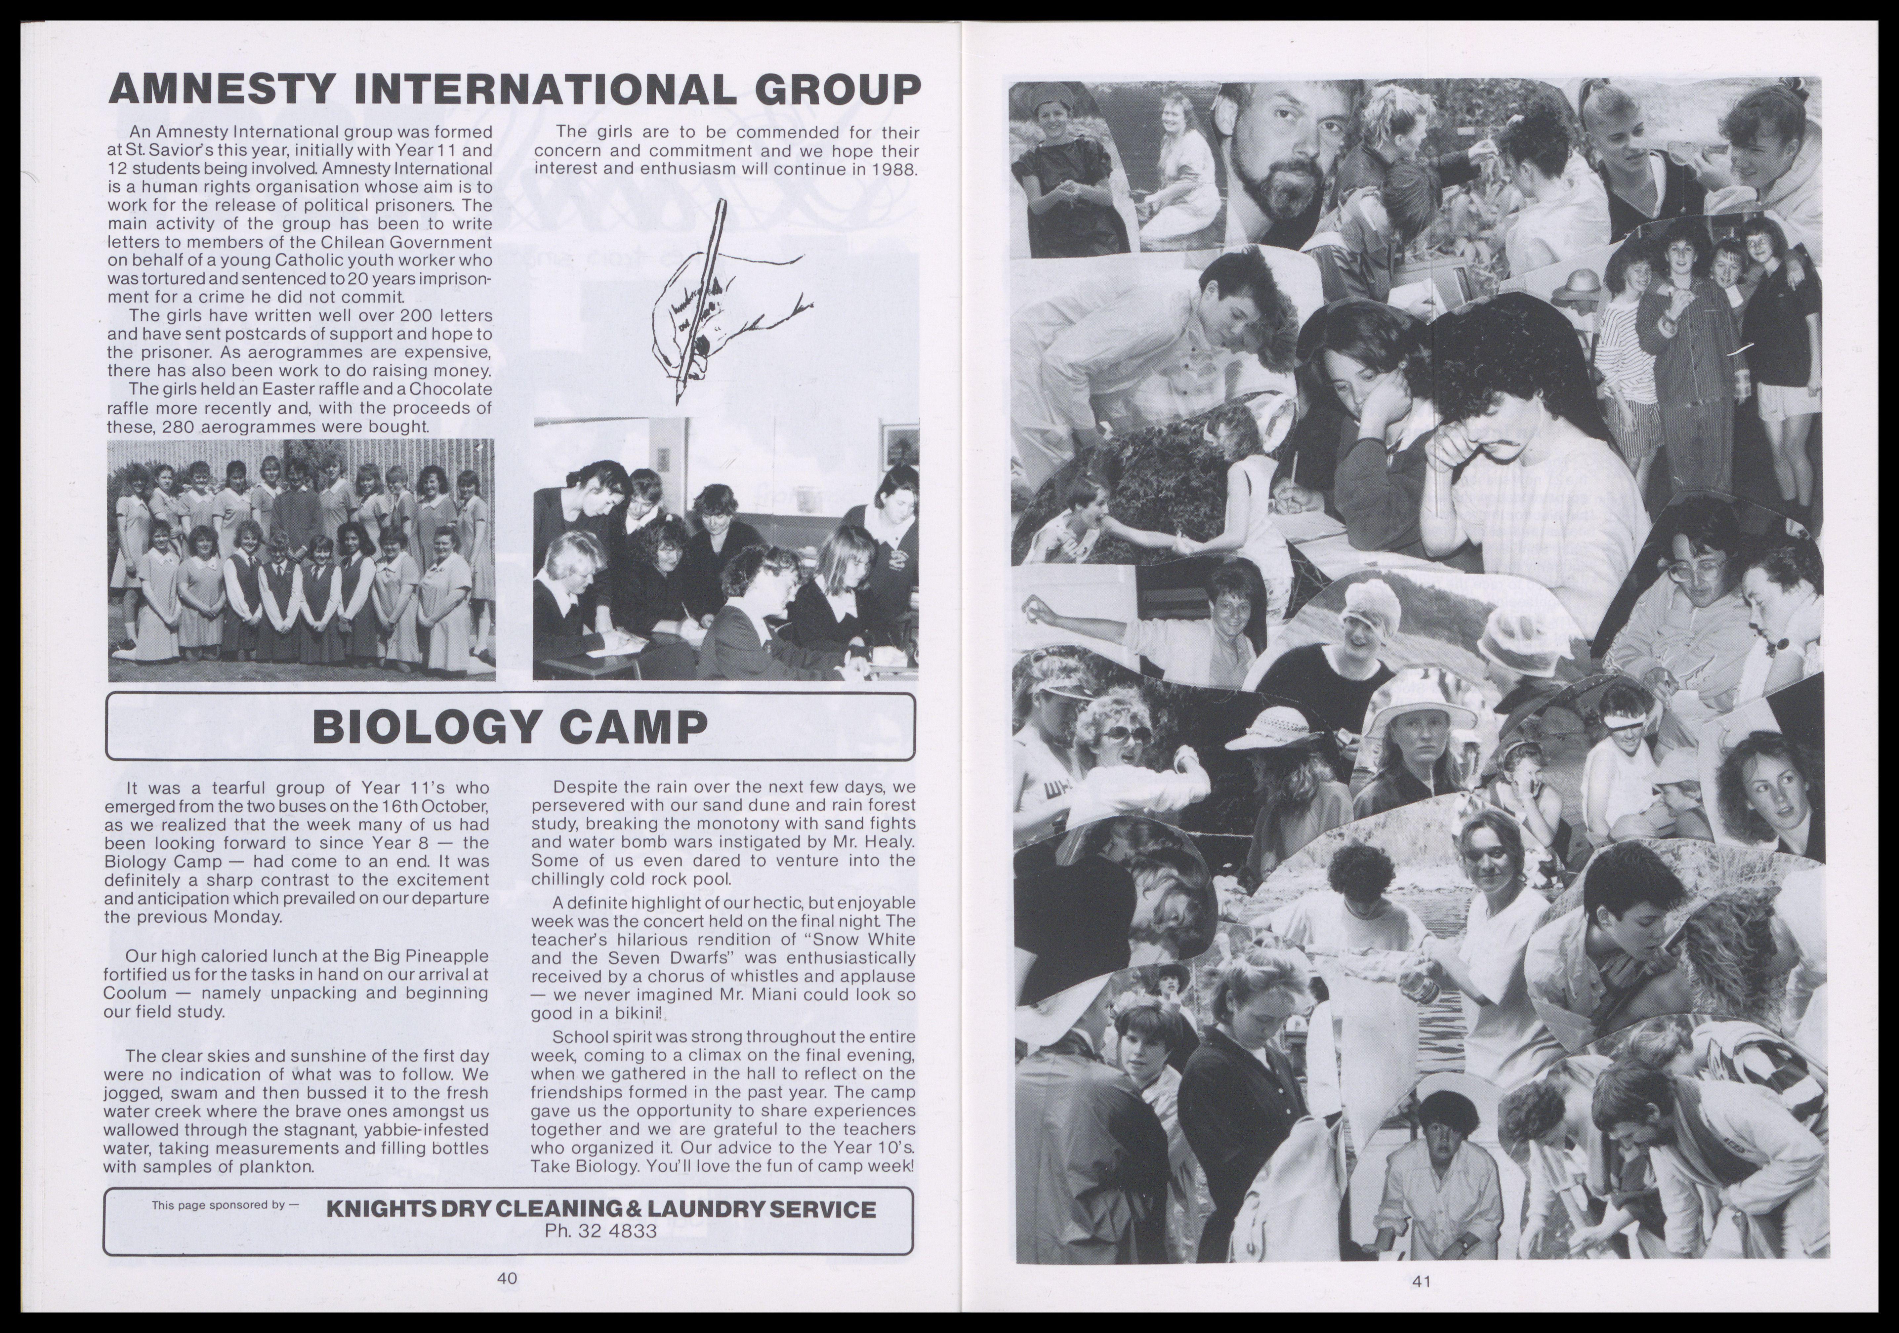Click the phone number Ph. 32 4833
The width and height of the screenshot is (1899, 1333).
[600, 1231]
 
